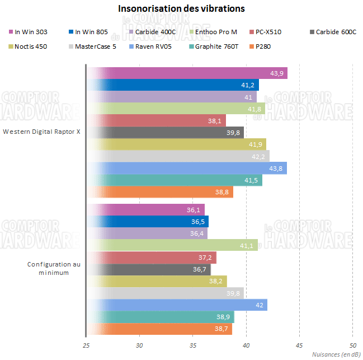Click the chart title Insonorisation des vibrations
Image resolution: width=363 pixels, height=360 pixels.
[181, 9]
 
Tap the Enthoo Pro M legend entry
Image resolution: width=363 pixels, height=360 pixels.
[216, 32]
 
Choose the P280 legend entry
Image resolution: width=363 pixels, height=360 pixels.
[262, 46]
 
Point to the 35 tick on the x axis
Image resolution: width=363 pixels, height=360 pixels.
[192, 345]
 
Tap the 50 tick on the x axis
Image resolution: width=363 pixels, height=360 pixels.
[352, 345]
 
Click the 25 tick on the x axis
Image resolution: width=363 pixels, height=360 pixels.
[86, 345]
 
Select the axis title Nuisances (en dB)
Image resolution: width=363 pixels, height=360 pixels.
[335, 354]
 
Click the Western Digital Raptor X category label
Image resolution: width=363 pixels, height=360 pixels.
[41, 132]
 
